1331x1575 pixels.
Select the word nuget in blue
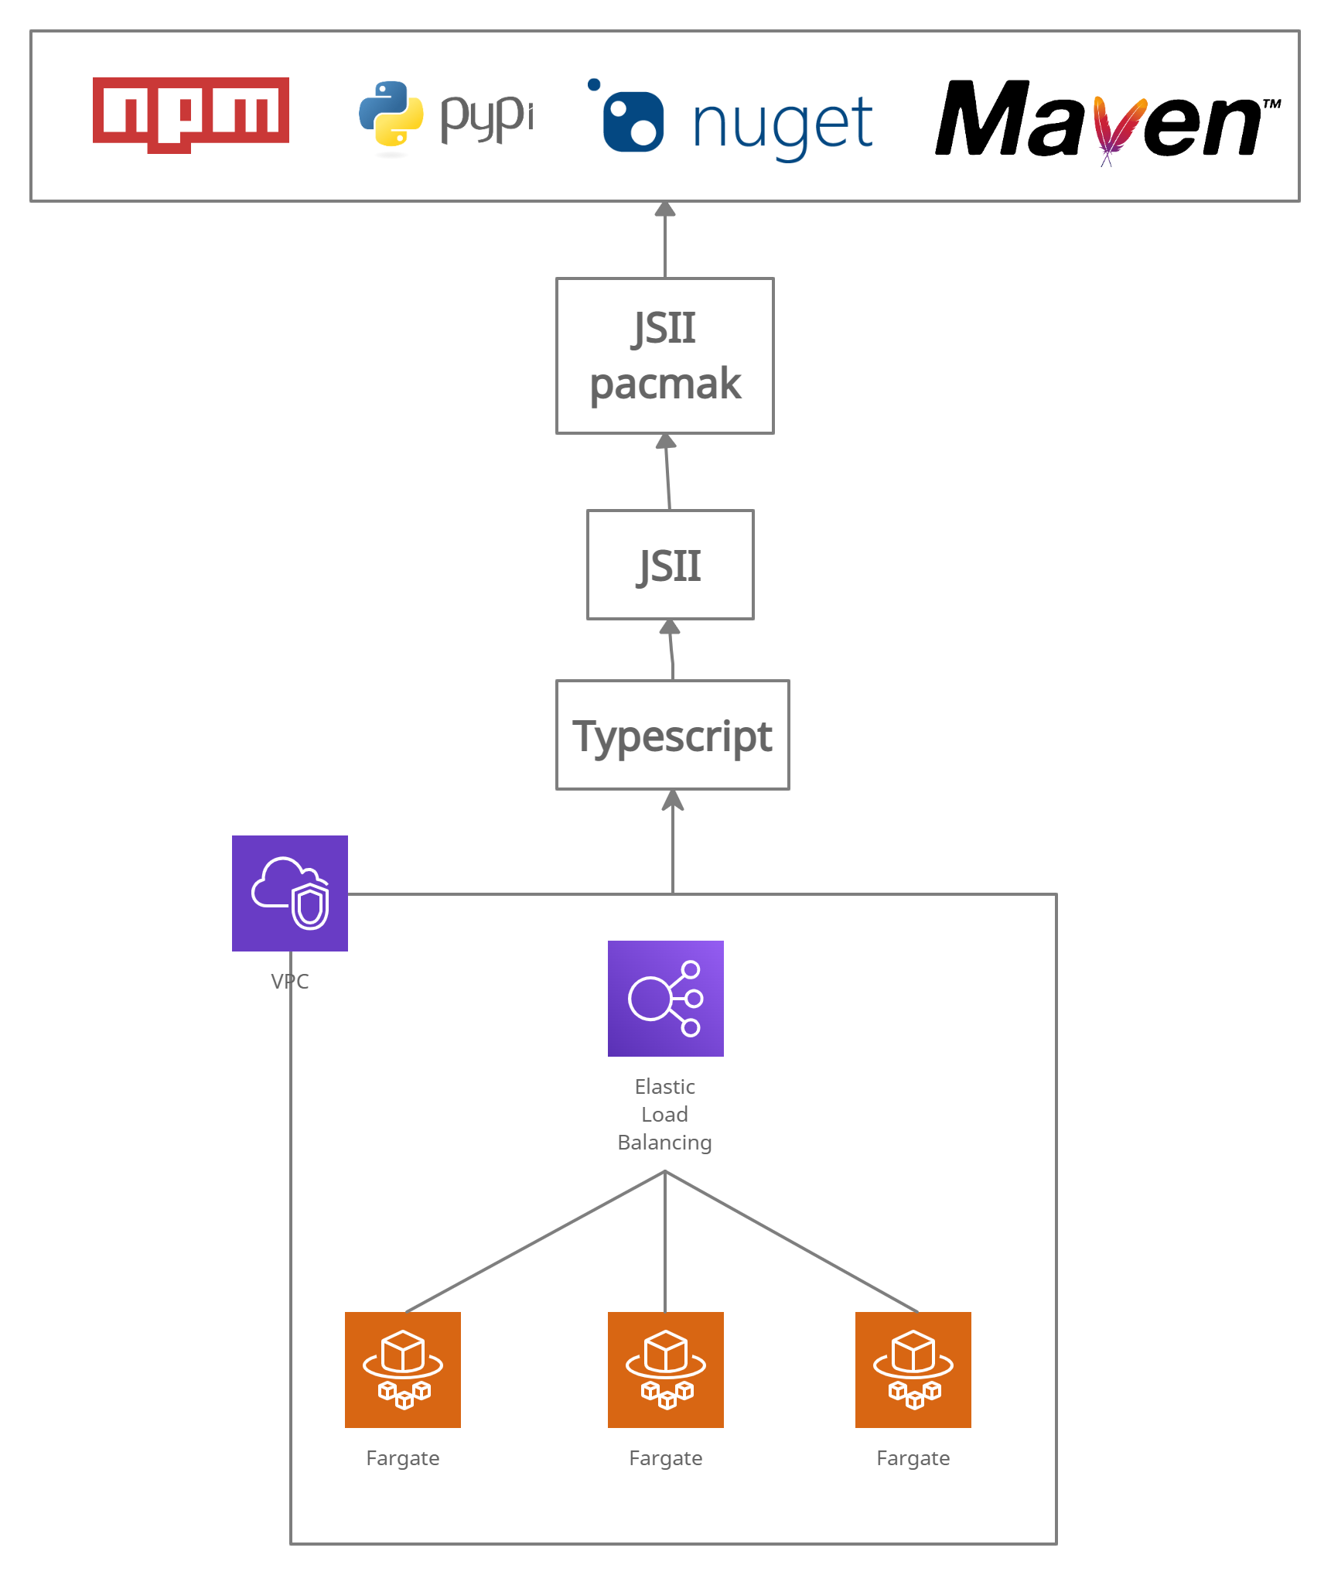[782, 124]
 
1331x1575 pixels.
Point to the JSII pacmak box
[664, 356]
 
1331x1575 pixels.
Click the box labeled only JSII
[670, 565]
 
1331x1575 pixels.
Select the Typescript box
[672, 735]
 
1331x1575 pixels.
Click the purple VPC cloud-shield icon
[290, 893]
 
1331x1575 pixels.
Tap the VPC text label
[290, 981]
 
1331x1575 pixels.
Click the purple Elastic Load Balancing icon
[665, 998]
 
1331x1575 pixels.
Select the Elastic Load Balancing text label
[664, 1114]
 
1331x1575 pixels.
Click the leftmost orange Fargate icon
[402, 1369]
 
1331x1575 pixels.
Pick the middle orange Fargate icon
[665, 1369]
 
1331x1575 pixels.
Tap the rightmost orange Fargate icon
[913, 1369]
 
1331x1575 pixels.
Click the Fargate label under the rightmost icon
[913, 1458]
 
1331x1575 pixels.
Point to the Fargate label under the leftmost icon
[402, 1458]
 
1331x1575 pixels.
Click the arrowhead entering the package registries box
[665, 209]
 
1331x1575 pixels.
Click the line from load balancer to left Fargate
[534, 1242]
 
